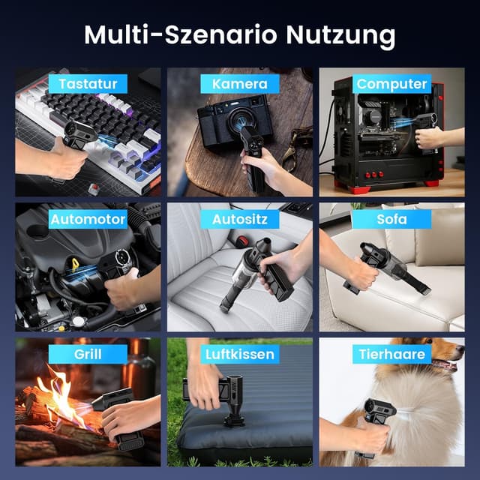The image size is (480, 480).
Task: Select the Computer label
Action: tap(391, 83)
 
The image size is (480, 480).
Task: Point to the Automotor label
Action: tap(88, 219)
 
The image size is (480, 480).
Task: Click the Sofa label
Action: tap(391, 219)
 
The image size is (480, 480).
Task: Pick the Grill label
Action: tap(88, 353)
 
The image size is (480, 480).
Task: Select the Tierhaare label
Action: tap(391, 353)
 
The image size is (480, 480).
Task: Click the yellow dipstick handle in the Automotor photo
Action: tap(75, 265)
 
